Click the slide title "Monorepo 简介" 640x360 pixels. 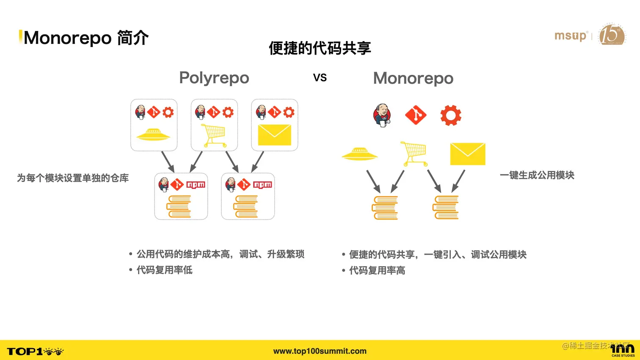(86, 38)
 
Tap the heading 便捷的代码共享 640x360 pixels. (320, 48)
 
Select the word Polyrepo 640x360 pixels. (214, 78)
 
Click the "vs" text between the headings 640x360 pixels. (320, 78)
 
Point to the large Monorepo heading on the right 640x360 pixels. (413, 78)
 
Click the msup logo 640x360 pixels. (571, 36)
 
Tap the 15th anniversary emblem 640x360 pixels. (612, 35)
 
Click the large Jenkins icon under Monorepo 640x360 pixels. (382, 115)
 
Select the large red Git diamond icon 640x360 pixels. (416, 115)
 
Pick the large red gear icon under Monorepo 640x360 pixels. (450, 115)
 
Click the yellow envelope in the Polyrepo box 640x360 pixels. (274, 135)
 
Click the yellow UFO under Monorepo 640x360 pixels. (359, 154)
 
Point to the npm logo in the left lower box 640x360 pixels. (196, 185)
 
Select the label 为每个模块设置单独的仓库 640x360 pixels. (73, 178)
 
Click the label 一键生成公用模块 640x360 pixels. (537, 175)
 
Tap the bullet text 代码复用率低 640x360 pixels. (164, 270)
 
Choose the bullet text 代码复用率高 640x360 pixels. (377, 270)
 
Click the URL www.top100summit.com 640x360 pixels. (320, 351)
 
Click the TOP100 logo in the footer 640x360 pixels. (35, 352)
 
